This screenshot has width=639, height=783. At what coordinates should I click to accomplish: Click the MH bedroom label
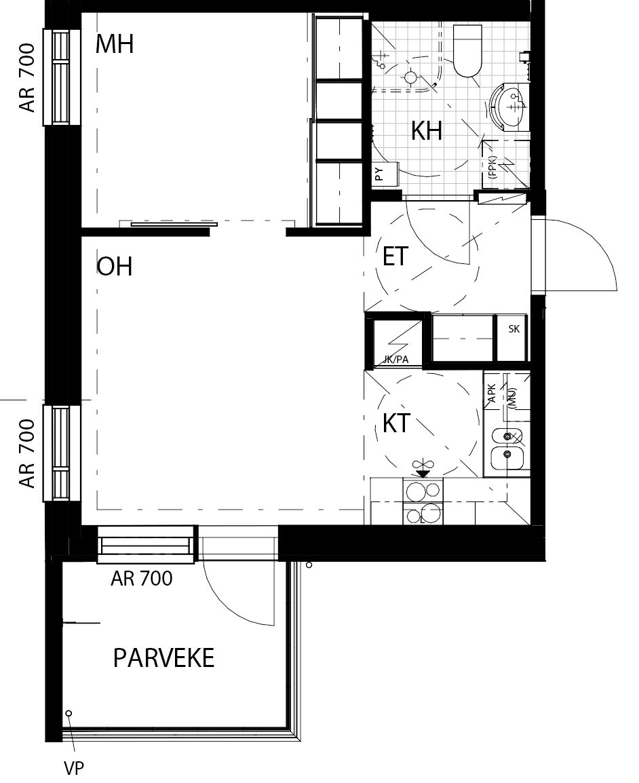point(115,43)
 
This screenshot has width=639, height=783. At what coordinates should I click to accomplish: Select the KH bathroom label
point(427,131)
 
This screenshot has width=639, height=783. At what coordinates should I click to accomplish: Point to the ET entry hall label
point(395,256)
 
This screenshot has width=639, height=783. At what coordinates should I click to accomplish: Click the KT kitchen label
point(396,423)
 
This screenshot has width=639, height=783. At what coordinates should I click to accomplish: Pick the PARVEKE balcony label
point(163,657)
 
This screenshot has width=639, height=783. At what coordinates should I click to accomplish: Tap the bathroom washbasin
point(507,106)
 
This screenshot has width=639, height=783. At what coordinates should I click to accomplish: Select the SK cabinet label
point(514,328)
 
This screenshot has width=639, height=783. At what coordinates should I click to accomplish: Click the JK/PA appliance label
point(396,359)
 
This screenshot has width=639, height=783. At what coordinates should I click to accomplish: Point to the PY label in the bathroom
point(379,174)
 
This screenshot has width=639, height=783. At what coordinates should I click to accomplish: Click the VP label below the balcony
point(74,768)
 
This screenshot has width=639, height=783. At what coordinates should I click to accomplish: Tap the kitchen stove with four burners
point(423,501)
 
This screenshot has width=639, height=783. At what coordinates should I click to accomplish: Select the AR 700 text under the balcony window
point(142,578)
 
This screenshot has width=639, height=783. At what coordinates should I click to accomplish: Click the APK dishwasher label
point(491,393)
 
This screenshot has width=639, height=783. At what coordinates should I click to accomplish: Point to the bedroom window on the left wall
point(62,77)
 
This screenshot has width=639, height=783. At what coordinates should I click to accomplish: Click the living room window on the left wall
point(62,453)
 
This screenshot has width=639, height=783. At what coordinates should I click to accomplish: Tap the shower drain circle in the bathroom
point(410,77)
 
